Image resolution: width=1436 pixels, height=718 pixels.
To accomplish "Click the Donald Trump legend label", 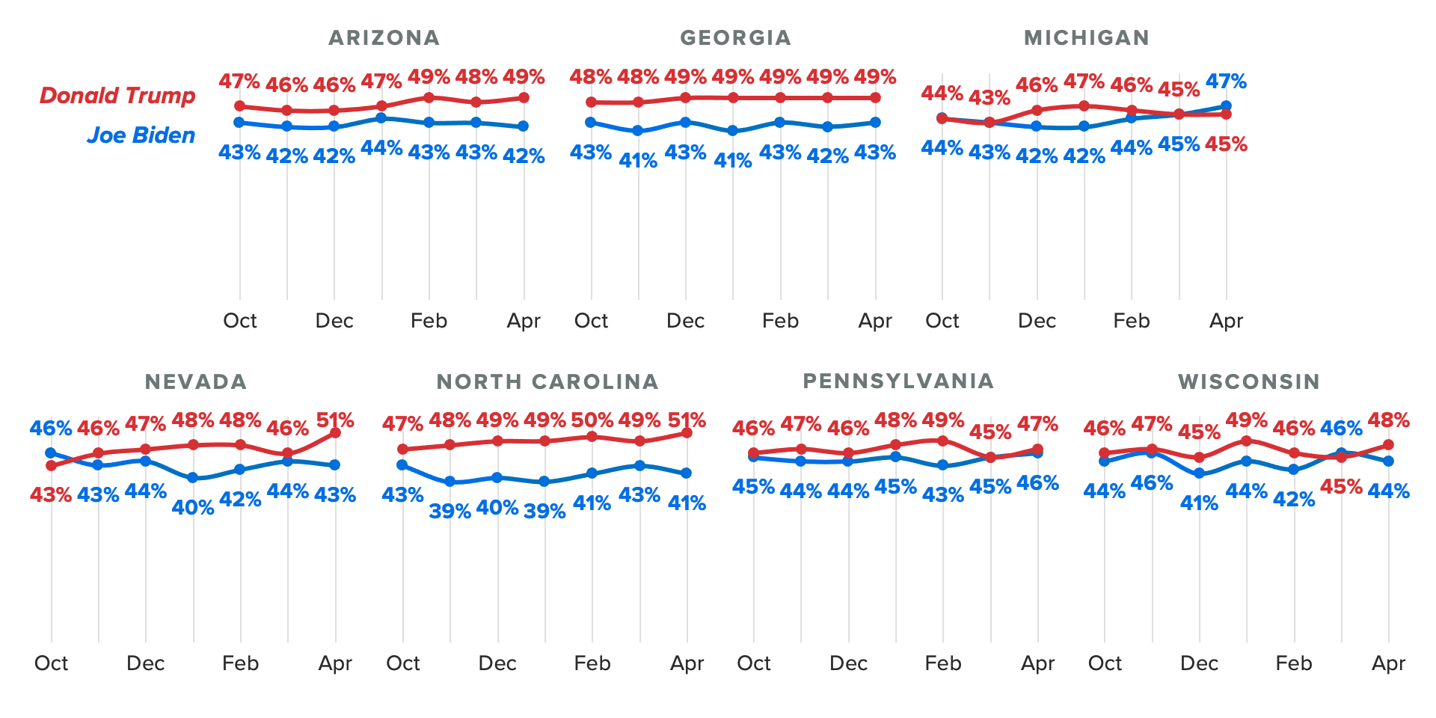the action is [117, 96].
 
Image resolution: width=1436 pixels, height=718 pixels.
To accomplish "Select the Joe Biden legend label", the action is [141, 135].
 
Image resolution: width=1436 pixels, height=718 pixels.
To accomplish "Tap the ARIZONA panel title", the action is [384, 37].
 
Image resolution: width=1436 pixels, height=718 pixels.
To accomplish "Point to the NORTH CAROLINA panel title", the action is [547, 381].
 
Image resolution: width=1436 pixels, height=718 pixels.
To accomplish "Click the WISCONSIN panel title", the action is [1249, 381].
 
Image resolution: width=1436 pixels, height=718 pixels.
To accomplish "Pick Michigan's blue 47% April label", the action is [1227, 81].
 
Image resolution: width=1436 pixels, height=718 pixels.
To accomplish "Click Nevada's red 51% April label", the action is [335, 420].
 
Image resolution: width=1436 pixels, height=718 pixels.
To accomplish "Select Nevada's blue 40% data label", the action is [193, 508].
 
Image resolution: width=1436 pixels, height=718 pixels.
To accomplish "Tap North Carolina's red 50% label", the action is [592, 420].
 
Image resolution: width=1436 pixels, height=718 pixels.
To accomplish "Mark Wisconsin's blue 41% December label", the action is [1199, 503].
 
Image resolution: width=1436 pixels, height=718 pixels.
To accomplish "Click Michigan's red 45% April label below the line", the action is [1227, 144].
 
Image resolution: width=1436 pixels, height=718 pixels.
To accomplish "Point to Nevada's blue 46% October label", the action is [51, 429].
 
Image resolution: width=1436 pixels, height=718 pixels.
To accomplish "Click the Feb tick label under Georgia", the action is [780, 321].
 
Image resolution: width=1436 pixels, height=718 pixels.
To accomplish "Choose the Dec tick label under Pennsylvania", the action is [848, 663].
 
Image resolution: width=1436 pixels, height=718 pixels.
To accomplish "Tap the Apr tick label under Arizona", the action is [524, 321].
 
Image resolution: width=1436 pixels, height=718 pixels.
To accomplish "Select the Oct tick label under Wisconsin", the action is [1105, 663].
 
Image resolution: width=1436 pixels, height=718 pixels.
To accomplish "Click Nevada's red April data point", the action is [335, 433].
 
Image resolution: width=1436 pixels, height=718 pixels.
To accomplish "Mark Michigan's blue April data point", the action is [1227, 106].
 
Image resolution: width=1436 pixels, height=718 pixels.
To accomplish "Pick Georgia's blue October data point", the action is [591, 122].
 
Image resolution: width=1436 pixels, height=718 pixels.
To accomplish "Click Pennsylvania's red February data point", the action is [942, 441].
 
